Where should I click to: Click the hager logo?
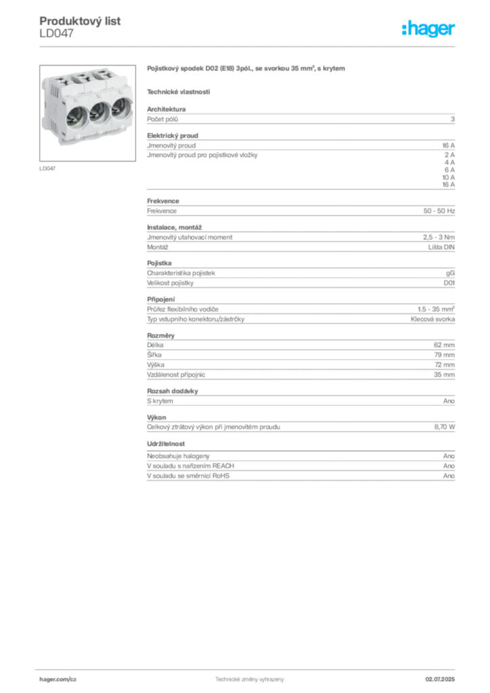428,28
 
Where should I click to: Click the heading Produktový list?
80,21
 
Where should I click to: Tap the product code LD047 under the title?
57,33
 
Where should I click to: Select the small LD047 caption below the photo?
47,169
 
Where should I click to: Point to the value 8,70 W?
445,427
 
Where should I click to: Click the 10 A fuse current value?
449,177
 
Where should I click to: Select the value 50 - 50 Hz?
439,211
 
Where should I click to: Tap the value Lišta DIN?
441,247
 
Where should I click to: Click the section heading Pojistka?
159,263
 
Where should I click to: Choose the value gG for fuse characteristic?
450,273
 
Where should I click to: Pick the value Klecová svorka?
432,319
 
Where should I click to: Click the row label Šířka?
154,355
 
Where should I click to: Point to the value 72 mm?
445,365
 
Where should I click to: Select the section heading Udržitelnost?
166,444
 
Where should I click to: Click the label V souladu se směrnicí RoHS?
188,476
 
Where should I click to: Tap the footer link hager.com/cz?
58,679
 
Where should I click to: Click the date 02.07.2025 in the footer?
440,679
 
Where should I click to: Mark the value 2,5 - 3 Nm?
439,238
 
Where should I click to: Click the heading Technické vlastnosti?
179,92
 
